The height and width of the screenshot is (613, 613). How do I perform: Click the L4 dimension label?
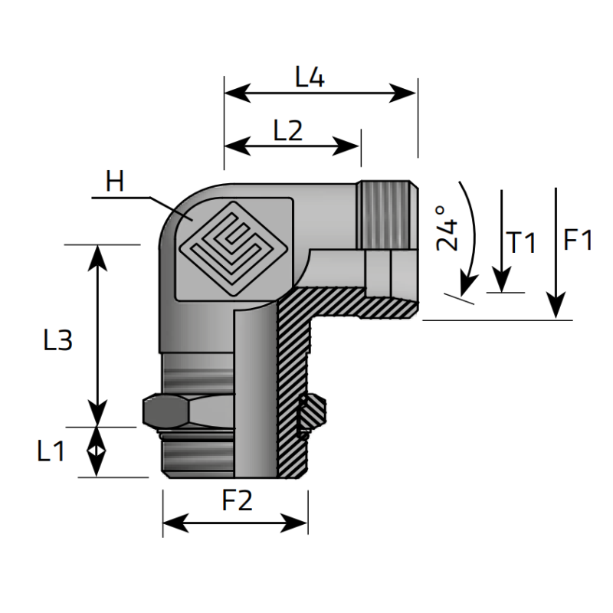pos(310,77)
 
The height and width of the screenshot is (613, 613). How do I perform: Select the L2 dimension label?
pos(288,130)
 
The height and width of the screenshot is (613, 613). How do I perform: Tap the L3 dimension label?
pos(57,339)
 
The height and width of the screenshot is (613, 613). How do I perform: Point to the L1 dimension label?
pos(51,452)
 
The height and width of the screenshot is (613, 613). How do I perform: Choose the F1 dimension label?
pos(578,241)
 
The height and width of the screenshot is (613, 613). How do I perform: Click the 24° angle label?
pos(447,227)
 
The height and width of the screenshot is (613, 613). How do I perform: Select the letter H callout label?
pos(115,182)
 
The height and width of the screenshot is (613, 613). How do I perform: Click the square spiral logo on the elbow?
pos(234,247)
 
